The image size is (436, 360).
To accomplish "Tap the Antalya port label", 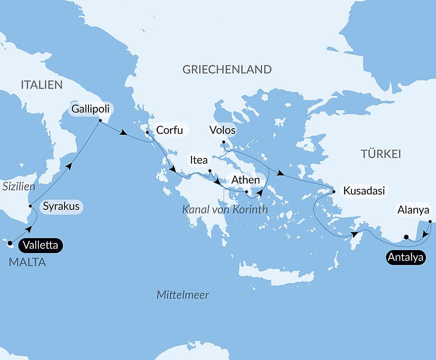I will [x=405, y=258].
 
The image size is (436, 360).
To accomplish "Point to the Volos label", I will [x=222, y=130].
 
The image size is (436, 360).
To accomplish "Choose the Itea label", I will [x=198, y=160].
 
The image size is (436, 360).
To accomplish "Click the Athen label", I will [x=246, y=180].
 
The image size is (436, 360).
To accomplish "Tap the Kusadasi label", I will [x=364, y=191].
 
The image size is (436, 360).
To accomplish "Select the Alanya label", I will [x=413, y=210].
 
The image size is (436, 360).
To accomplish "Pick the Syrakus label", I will [x=61, y=206].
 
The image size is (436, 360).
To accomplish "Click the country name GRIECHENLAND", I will [x=227, y=69].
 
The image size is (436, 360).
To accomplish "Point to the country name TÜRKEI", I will [x=381, y=154].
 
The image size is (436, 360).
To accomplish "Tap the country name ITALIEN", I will [x=42, y=85].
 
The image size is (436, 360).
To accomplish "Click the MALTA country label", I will [x=27, y=263].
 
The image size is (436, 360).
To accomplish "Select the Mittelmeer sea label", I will [x=183, y=295].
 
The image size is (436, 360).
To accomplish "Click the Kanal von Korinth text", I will [x=225, y=210].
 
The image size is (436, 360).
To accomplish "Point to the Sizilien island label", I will [x=18, y=187].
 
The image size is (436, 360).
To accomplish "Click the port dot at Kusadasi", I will [x=334, y=192].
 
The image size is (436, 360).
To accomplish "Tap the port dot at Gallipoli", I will [x=100, y=120].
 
